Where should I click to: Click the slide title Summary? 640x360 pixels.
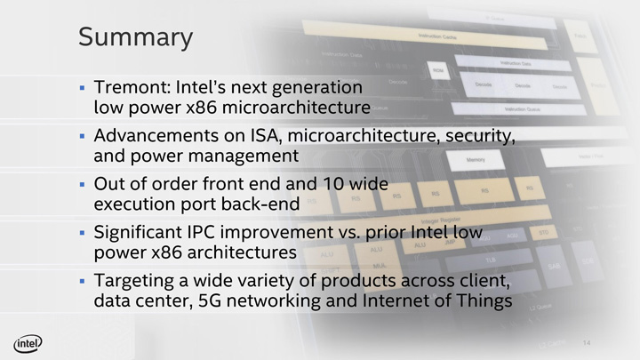[x=135, y=37]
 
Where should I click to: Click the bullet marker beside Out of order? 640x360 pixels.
[x=82, y=187]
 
